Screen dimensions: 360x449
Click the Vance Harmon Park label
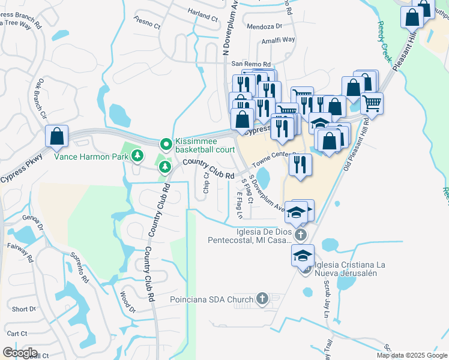(x=91, y=157)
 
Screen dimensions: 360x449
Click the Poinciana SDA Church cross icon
(x=262, y=298)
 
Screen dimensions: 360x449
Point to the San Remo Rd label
(x=252, y=64)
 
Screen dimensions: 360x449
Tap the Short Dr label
(x=24, y=309)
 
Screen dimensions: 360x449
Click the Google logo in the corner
(x=19, y=353)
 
